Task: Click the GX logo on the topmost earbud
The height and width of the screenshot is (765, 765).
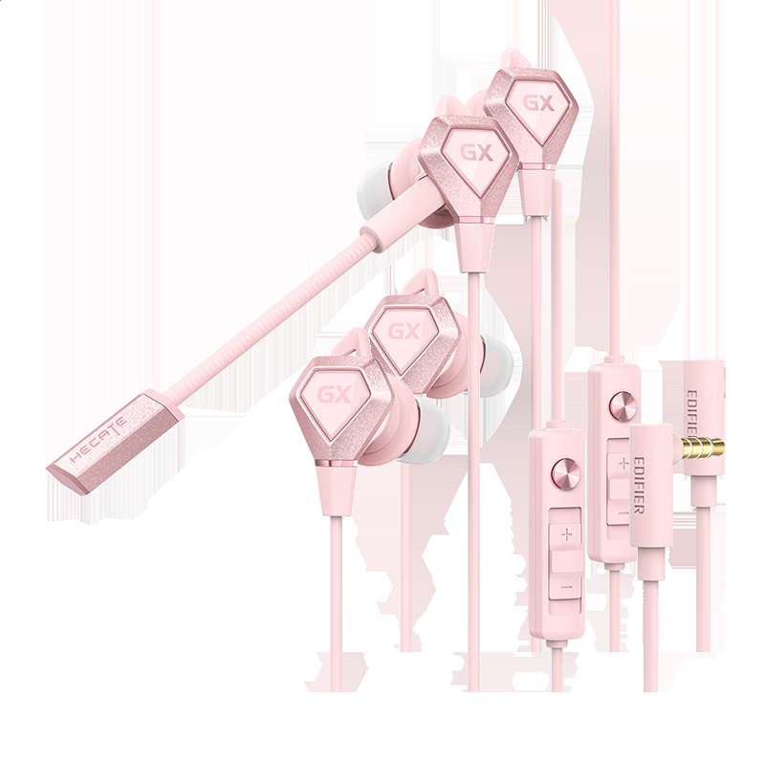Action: (x=539, y=103)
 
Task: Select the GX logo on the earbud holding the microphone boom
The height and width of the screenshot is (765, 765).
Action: (x=476, y=153)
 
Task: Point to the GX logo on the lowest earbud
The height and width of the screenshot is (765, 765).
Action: (x=335, y=394)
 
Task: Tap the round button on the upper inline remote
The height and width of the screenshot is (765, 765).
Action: (x=623, y=403)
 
